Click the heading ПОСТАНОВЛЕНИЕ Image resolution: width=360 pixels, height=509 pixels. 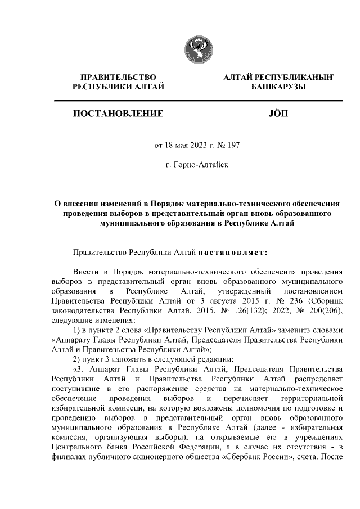tap(118, 114)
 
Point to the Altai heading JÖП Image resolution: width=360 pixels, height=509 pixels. tap(279, 114)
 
